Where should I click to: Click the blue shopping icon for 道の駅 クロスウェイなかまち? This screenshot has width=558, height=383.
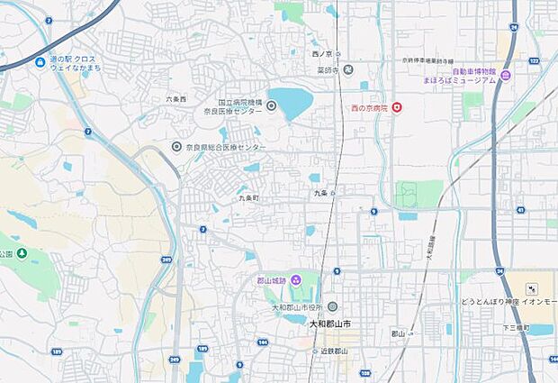(x=40, y=62)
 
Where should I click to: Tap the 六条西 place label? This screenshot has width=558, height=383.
(x=176, y=98)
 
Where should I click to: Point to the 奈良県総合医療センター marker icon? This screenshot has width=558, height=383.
(x=177, y=146)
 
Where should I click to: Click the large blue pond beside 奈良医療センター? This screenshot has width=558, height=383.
(x=290, y=104)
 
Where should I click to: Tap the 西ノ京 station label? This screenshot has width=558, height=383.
(x=323, y=54)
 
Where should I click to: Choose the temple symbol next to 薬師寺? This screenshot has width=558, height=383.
(x=348, y=69)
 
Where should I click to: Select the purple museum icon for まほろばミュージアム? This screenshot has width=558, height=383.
(x=506, y=76)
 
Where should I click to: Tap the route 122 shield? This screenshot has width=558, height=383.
(x=534, y=59)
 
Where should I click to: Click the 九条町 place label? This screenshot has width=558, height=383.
(x=249, y=197)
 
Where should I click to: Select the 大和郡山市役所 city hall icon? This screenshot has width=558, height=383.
(x=332, y=306)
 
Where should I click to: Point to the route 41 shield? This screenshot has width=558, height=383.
(x=520, y=209)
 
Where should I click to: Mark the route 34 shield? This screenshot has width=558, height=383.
(x=499, y=270)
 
